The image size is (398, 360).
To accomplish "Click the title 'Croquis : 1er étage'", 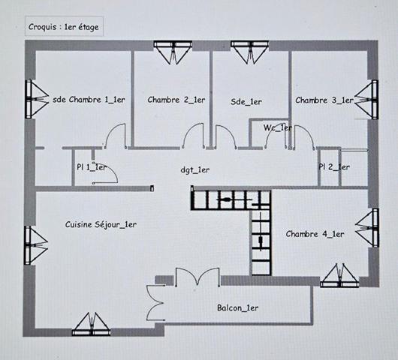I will [x=64, y=26].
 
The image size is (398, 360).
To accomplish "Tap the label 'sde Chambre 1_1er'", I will [x=89, y=99].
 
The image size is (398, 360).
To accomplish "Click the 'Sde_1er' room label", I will [x=246, y=101].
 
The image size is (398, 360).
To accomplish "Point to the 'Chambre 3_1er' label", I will [x=324, y=100].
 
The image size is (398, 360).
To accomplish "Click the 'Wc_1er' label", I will [x=278, y=127].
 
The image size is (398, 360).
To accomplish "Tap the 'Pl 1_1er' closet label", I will [x=92, y=167].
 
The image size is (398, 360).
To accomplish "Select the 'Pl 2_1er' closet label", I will [x=334, y=166].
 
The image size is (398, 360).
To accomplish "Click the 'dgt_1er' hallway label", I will [x=195, y=169].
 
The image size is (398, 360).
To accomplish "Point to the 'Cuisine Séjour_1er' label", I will [x=101, y=223].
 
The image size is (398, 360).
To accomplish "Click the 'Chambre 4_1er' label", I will [x=315, y=234].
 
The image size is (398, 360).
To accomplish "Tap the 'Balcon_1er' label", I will [x=237, y=307].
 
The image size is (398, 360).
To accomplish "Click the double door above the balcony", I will [x=190, y=280].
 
